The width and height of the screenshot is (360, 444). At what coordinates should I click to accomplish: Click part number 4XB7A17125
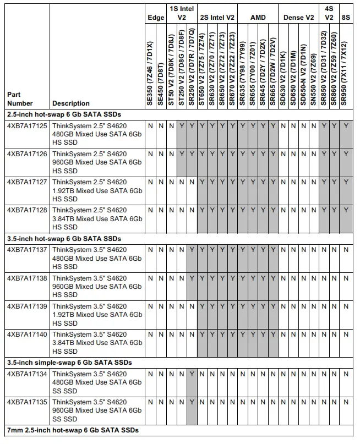pos(26,126)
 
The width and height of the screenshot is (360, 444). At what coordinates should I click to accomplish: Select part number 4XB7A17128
pos(26,210)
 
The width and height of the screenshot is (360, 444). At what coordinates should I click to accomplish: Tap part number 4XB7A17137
pos(26,250)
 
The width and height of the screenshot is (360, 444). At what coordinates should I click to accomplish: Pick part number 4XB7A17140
pos(26,334)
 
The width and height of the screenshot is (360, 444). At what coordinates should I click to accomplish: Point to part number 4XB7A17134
pos(26,374)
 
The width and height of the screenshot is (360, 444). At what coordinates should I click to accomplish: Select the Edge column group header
pos(156,18)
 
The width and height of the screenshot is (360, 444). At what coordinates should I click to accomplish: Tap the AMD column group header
pos(258,18)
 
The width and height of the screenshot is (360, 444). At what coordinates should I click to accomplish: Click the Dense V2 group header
pos(298,18)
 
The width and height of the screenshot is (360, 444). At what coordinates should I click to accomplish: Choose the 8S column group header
pos(345,18)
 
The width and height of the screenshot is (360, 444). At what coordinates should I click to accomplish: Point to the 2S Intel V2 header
pos(217,18)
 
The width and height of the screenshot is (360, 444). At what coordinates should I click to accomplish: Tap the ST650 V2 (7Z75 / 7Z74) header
pos(201,70)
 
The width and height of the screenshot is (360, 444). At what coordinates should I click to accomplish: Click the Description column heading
pos(71,103)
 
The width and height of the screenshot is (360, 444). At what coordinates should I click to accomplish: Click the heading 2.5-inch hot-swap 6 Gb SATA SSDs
pos(64,115)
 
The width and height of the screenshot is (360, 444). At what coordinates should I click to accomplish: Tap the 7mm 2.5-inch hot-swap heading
pos(72,430)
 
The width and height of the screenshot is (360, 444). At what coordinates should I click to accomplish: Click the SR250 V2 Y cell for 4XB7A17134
pos(191,374)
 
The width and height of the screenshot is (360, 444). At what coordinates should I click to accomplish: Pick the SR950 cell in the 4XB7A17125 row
pos(345,126)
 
